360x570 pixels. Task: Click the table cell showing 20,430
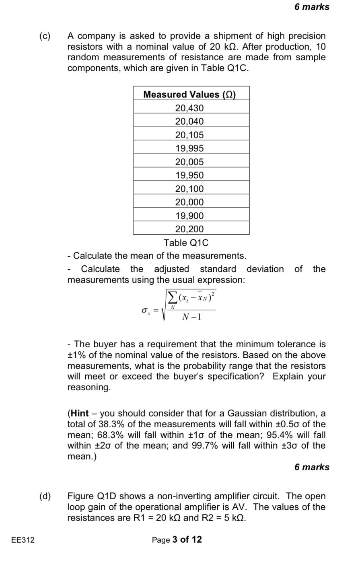click(189, 108)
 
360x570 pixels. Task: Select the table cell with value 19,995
click(189, 148)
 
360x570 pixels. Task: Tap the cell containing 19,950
click(189, 175)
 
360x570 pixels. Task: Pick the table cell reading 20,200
click(189, 229)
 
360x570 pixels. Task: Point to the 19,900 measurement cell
click(189, 216)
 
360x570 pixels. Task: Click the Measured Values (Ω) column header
click(189, 94)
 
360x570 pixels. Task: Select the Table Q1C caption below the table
click(186, 243)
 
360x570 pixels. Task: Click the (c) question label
click(45, 36)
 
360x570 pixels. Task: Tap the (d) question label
click(45, 496)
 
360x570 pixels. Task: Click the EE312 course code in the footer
click(23, 540)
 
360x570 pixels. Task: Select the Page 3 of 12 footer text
click(177, 540)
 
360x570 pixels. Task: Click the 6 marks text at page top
click(312, 7)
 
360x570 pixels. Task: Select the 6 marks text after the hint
click(312, 467)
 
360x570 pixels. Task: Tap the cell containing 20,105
click(189, 135)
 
